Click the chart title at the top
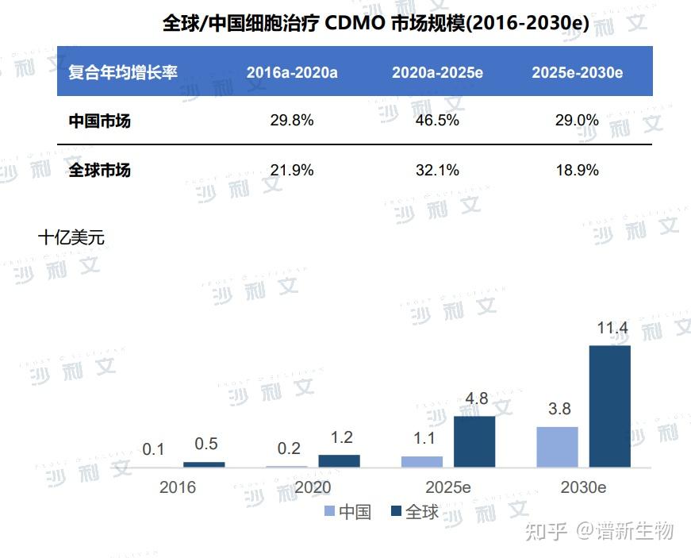376,23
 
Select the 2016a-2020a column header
292,72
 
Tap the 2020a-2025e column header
437,72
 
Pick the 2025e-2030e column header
577,72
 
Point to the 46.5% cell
437,121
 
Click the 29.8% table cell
292,121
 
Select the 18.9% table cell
577,169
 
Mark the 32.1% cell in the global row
437,169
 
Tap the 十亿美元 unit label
71,237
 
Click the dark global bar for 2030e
609,406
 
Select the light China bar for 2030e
557,447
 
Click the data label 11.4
612,328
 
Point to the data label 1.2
341,437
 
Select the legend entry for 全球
414,512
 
